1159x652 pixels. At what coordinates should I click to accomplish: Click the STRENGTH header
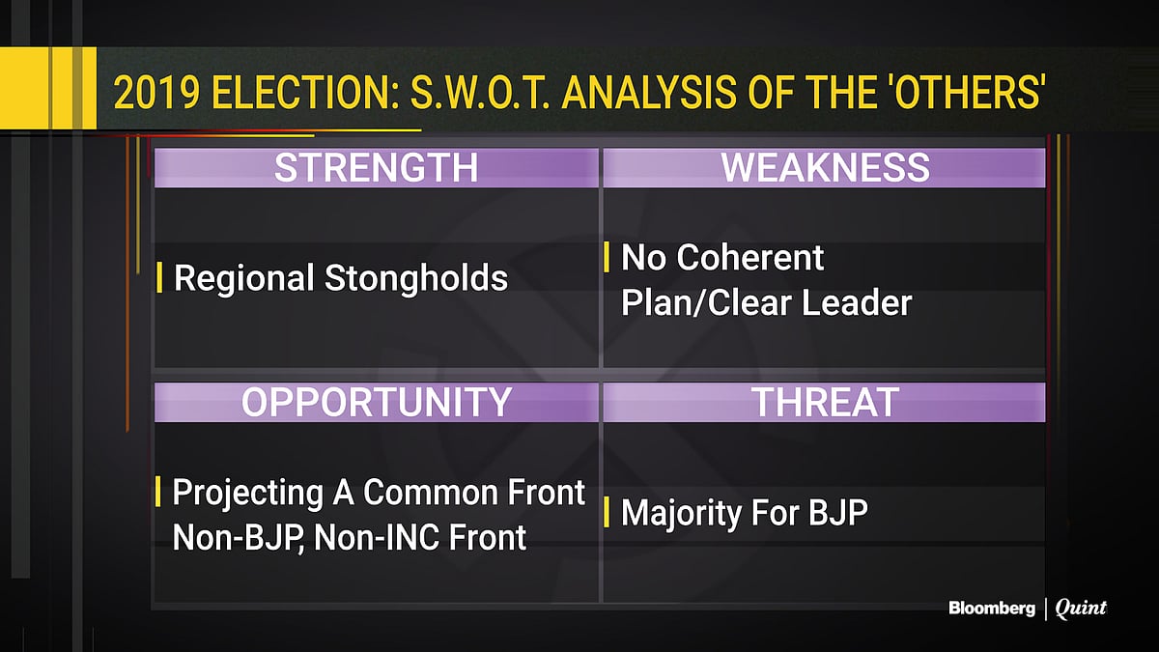click(376, 168)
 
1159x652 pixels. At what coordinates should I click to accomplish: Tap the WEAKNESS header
click(825, 168)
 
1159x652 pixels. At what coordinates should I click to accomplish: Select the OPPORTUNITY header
click(376, 402)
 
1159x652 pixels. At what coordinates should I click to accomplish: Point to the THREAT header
click(825, 402)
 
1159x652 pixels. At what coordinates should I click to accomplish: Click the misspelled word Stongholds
click(416, 279)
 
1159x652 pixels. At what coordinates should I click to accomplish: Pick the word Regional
click(244, 279)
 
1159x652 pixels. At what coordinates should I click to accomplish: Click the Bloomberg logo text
click(991, 609)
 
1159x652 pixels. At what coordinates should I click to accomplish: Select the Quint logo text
click(1081, 609)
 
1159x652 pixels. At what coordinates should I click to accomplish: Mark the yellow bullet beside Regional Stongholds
click(158, 279)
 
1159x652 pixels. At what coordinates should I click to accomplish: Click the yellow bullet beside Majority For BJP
click(606, 513)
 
